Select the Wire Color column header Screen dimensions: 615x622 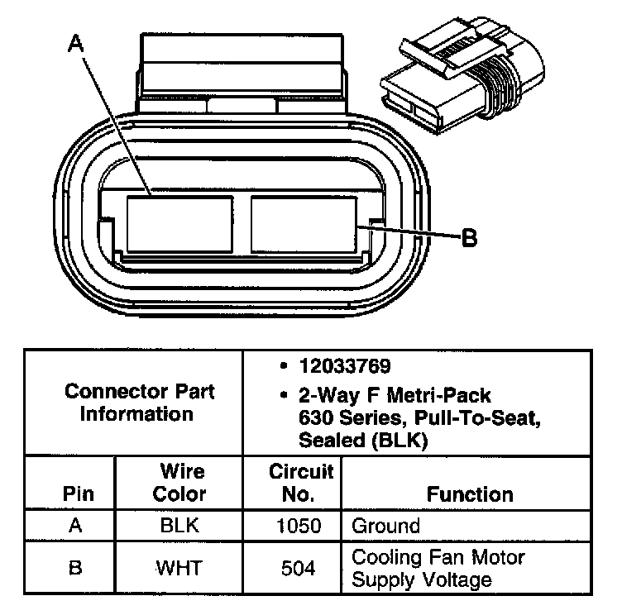pos(181,483)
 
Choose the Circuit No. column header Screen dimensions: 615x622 pos(301,483)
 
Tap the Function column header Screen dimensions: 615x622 pos(470,494)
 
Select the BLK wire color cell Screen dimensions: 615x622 pos(181,526)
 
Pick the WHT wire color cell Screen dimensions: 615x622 pos(181,569)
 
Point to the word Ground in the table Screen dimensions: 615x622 pos(385,526)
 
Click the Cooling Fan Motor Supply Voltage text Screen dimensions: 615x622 pos(438,569)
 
